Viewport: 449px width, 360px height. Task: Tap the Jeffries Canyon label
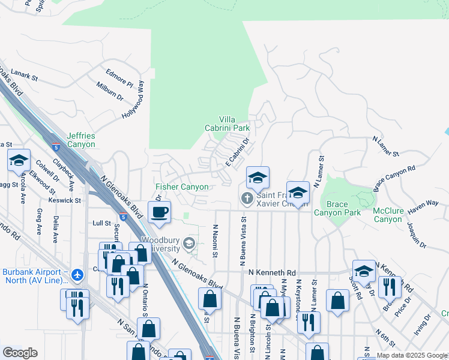(x=81, y=140)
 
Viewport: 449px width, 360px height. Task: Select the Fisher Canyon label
(x=182, y=187)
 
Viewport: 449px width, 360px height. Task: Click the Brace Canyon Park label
(x=337, y=209)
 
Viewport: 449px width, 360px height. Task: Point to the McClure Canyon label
(x=387, y=215)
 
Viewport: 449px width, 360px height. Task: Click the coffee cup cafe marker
(x=160, y=212)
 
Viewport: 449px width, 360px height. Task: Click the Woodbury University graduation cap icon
(x=189, y=243)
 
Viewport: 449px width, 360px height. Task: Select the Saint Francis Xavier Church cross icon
(x=246, y=198)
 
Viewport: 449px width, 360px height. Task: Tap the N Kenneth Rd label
(x=272, y=272)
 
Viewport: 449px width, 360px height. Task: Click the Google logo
(x=20, y=353)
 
